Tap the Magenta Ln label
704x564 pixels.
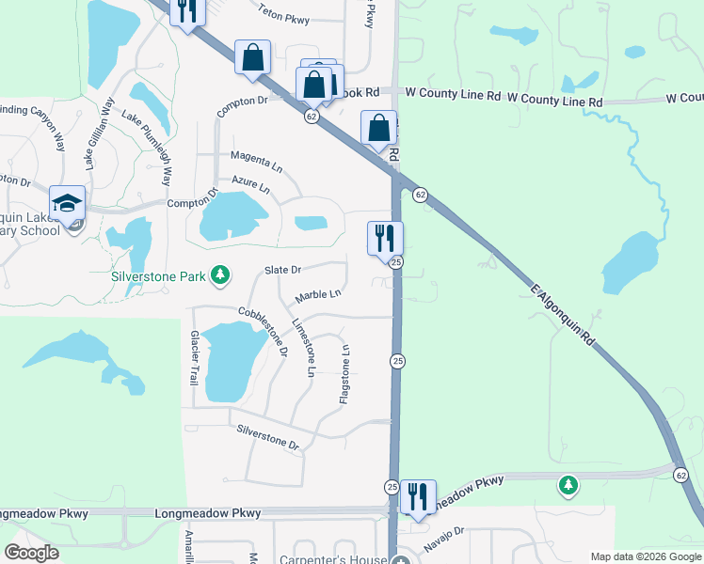255,161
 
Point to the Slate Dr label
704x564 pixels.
282,269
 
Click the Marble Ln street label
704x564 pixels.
318,295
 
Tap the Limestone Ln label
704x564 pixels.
304,347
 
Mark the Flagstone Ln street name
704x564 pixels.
345,374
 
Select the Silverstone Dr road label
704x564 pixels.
267,437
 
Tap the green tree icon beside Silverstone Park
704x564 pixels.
220,274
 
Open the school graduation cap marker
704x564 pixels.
68,203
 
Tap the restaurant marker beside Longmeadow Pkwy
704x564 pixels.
417,494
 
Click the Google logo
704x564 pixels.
31,553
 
